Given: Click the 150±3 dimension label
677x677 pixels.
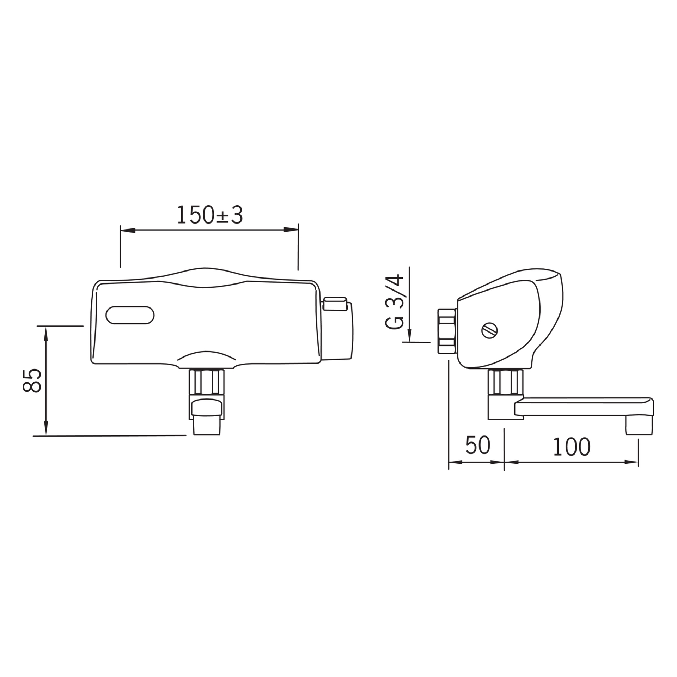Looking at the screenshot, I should coord(210,215).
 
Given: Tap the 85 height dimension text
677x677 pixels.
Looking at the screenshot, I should coord(32,381).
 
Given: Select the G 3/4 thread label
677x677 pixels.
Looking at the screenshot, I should coord(394,302).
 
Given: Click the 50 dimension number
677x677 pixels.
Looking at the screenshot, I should coord(478,446).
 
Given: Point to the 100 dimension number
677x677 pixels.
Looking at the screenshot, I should coord(571,447).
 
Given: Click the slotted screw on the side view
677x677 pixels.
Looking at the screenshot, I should coord(489,330).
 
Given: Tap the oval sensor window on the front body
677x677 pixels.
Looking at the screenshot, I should coord(130,315).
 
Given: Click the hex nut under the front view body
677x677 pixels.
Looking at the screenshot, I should coord(207,382).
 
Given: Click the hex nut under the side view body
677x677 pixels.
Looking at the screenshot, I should coord(505,382).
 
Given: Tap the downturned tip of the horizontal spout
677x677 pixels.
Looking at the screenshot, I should coord(639,426).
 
